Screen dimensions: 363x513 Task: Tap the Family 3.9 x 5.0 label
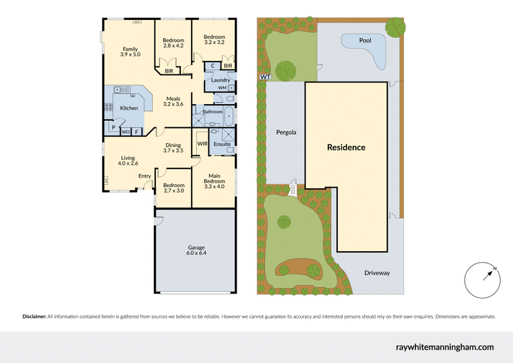pyautogui.click(x=131, y=52)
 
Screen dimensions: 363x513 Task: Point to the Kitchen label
pyautogui.click(x=129, y=108)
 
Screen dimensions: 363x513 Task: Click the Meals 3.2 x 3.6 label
pyautogui.click(x=173, y=101)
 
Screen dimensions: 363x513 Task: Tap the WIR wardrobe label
pyautogui.click(x=201, y=144)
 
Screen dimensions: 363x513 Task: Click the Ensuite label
pyautogui.click(x=222, y=145)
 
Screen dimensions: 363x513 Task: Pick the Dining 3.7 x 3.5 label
pyautogui.click(x=173, y=148)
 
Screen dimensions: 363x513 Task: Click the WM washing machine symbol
pyautogui.click(x=222, y=87)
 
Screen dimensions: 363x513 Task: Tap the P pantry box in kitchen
pyautogui.click(x=113, y=128)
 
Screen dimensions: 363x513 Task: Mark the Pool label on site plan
pyautogui.click(x=365, y=40)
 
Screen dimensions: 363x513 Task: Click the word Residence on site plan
pyautogui.click(x=346, y=147)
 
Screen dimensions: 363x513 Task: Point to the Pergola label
pyautogui.click(x=285, y=133)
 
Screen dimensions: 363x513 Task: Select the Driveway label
pyautogui.click(x=377, y=273)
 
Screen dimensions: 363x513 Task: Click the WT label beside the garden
pyautogui.click(x=264, y=76)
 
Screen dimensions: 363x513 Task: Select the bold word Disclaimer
pyautogui.click(x=34, y=316)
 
